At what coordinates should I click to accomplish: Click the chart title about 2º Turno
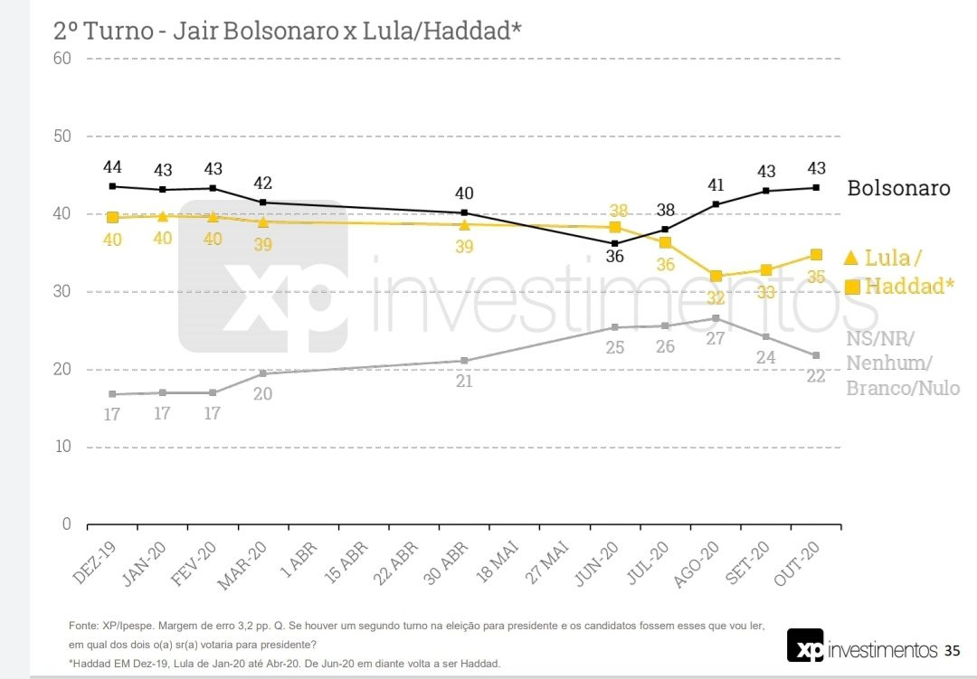[x=288, y=30]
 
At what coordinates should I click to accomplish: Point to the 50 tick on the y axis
[x=62, y=137]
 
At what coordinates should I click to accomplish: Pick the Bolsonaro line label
[x=898, y=188]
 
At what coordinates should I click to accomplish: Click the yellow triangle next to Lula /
[x=850, y=258]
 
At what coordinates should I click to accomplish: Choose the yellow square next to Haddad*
[x=852, y=288]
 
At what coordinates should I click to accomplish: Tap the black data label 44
[x=112, y=167]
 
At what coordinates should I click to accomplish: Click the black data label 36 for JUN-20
[x=614, y=257]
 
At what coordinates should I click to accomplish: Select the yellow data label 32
[x=716, y=298]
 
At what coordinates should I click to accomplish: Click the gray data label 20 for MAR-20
[x=262, y=394]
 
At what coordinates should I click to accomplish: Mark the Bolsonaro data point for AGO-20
[x=716, y=204]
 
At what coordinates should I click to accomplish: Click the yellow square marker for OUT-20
[x=816, y=255]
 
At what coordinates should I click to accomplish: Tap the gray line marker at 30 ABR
[x=464, y=361]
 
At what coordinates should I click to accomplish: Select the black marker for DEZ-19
[x=112, y=186]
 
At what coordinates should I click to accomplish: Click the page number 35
[x=952, y=650]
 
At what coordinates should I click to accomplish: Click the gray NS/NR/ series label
[x=880, y=338]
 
